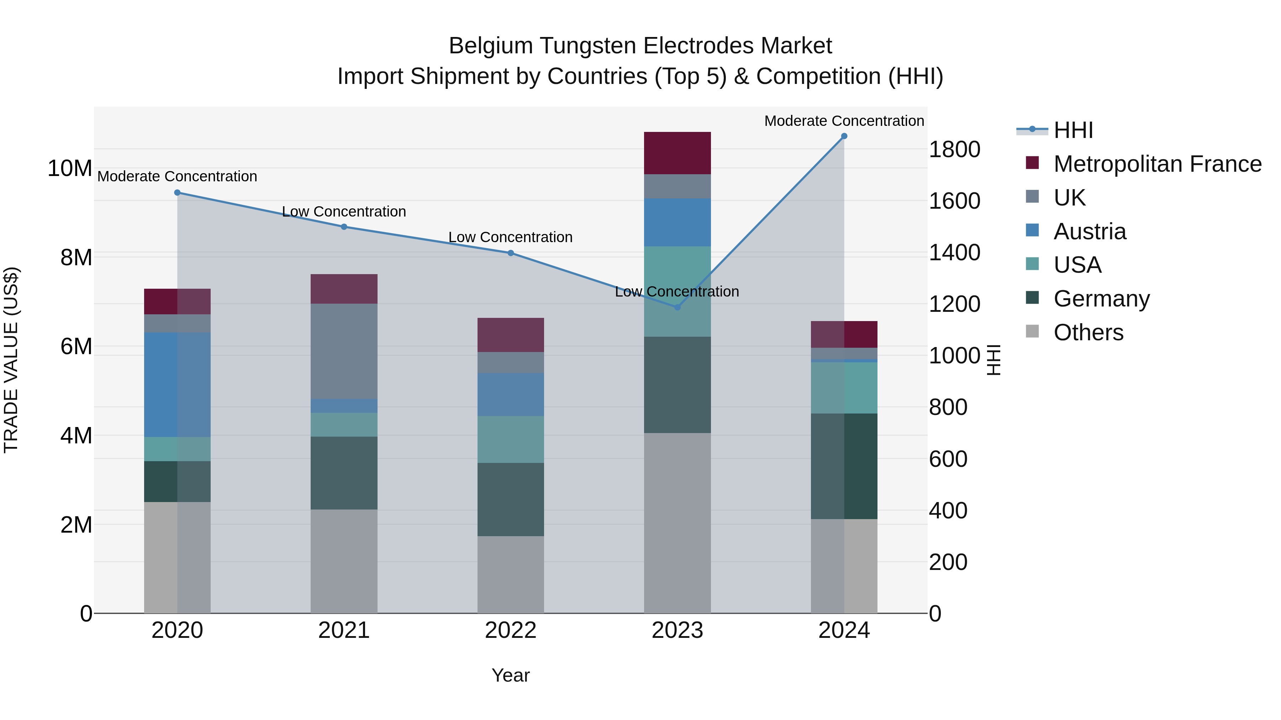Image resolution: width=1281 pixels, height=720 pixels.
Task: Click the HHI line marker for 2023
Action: [677, 307]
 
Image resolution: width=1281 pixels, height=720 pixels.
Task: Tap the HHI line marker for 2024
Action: [844, 136]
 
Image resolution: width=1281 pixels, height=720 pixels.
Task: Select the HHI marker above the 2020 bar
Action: [178, 193]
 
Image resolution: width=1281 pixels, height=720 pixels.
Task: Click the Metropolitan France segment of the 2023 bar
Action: [677, 153]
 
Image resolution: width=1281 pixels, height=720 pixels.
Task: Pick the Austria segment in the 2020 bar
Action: [177, 385]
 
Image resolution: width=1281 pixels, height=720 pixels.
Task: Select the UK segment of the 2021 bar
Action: [344, 351]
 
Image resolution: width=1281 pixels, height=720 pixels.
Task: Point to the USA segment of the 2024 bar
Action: [844, 388]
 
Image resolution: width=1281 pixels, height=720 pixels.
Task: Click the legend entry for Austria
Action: [1089, 231]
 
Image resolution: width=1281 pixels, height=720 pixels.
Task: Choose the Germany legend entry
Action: [1101, 299]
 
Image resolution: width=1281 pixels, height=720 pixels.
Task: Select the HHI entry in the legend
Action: [1073, 130]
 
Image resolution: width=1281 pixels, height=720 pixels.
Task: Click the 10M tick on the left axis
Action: [70, 169]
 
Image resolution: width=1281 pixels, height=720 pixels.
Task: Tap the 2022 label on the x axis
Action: [510, 630]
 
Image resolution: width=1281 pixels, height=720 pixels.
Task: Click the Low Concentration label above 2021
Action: [344, 212]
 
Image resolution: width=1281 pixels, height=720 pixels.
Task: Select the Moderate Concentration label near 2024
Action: [844, 121]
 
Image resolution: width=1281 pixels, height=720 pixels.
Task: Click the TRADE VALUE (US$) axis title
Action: [11, 360]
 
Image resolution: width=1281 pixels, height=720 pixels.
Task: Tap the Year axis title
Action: [510, 675]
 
